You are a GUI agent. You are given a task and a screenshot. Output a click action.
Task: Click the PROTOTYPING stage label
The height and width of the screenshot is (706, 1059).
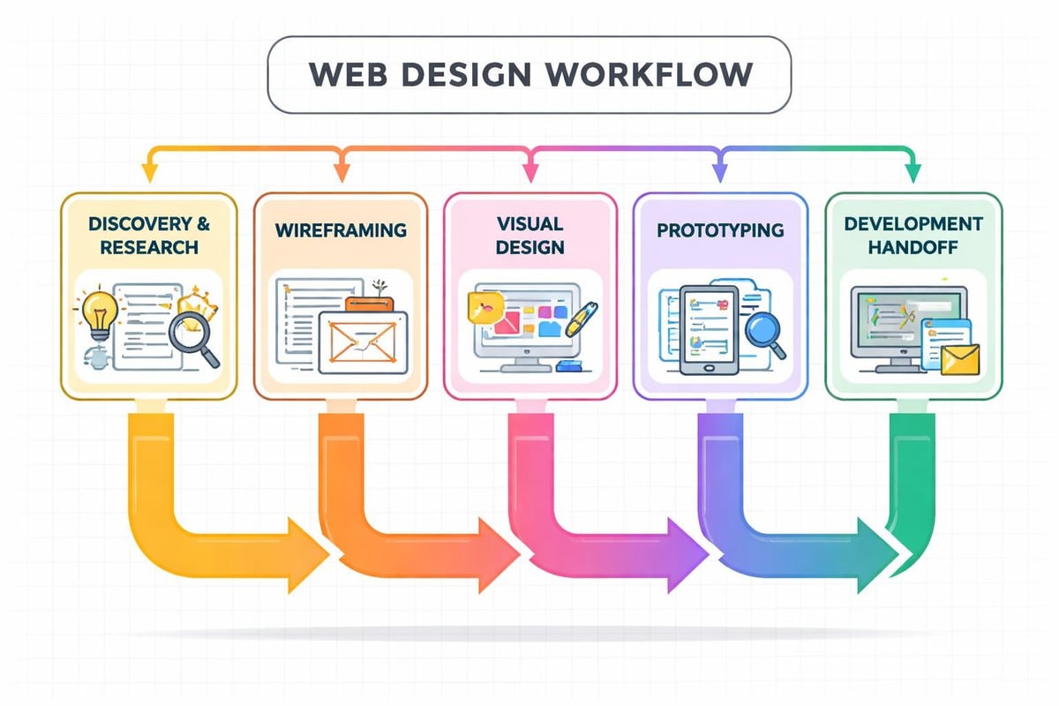point(720,230)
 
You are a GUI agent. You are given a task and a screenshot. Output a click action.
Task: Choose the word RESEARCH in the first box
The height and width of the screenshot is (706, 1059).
point(149,247)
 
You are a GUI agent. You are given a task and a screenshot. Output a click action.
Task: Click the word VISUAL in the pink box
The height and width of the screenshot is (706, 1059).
point(529,222)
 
